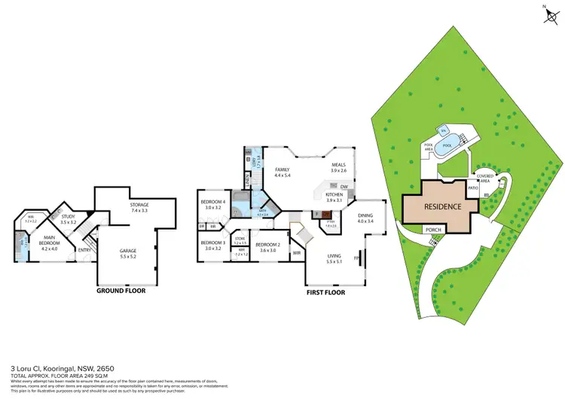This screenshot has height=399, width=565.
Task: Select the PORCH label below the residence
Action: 433,230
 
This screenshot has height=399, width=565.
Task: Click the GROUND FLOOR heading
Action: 121,290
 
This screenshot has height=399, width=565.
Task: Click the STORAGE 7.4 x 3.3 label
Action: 140,208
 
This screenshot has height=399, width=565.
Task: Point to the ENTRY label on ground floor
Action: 85,251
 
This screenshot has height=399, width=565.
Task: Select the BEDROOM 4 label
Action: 213,203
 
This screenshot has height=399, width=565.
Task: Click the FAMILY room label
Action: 282,172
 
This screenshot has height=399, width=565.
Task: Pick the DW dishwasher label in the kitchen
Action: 344,187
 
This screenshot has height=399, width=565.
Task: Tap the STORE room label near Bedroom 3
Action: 240,240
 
